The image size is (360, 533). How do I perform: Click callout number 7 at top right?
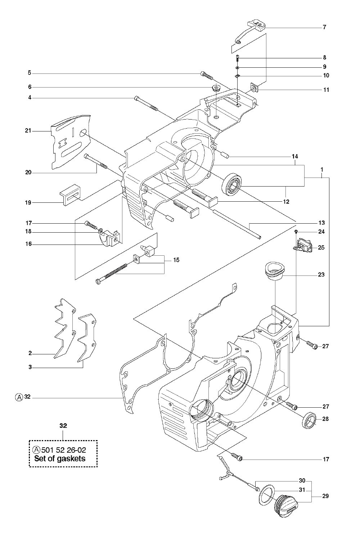pos(324,27)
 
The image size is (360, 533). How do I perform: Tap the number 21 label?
pos(28,131)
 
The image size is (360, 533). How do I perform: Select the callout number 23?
pos(321,274)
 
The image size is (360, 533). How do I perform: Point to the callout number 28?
pos(325,418)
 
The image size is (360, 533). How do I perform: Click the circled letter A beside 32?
pos(19,397)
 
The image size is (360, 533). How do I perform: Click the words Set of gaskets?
pos(60,458)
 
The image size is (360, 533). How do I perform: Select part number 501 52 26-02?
pos(63,450)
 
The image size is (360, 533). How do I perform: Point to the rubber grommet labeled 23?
pos(275,272)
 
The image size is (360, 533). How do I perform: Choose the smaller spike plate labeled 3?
pos(87,340)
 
